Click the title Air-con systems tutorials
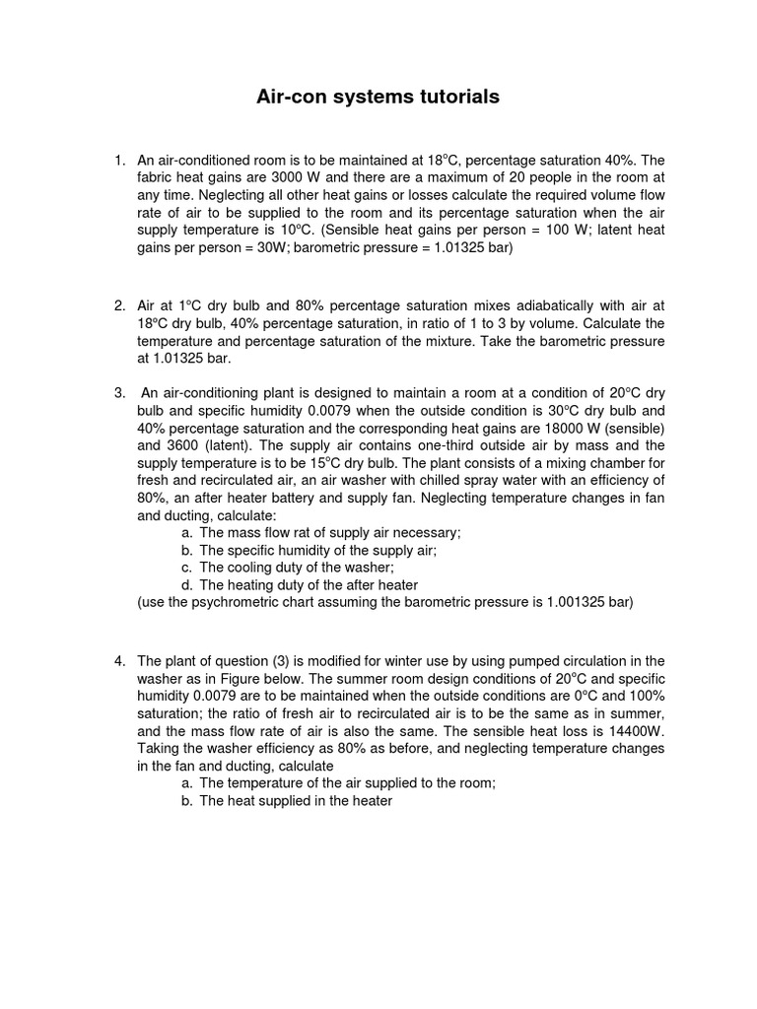(x=378, y=97)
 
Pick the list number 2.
(x=118, y=305)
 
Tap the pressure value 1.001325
(x=574, y=603)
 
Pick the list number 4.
(x=118, y=660)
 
